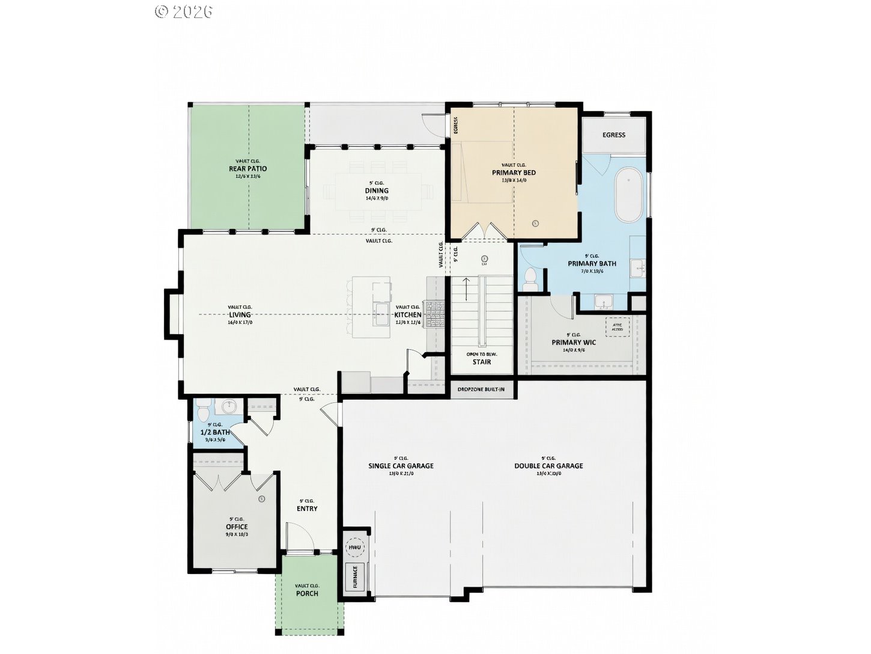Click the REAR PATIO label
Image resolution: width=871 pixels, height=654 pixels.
pyautogui.click(x=247, y=169)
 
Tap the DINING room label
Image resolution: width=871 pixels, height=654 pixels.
pyautogui.click(x=377, y=191)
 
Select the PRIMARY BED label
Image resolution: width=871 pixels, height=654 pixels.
pyautogui.click(x=514, y=173)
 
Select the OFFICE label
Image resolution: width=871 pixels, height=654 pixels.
pyautogui.click(x=237, y=527)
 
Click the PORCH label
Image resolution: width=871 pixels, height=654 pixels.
pyautogui.click(x=307, y=593)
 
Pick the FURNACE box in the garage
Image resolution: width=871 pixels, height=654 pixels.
pyautogui.click(x=354, y=577)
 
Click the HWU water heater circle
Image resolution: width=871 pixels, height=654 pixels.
pyautogui.click(x=354, y=548)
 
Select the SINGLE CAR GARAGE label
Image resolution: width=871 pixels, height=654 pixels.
pyautogui.click(x=401, y=466)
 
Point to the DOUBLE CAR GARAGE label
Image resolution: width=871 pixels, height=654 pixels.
pyautogui.click(x=548, y=466)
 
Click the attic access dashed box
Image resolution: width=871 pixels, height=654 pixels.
pyautogui.click(x=618, y=326)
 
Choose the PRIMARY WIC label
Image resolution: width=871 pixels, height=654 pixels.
pyautogui.click(x=574, y=343)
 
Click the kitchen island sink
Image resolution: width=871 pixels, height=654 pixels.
pyautogui.click(x=381, y=311)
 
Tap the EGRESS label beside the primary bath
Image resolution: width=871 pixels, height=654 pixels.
pyautogui.click(x=614, y=135)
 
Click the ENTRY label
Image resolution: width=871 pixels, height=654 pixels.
pyautogui.click(x=307, y=509)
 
